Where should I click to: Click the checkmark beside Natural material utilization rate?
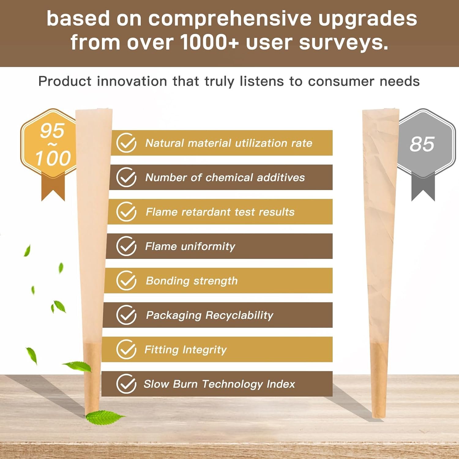pos(126,143)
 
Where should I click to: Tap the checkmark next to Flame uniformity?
pos(126,246)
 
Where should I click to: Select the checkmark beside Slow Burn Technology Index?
pos(126,384)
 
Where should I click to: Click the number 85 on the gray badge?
pos(422,144)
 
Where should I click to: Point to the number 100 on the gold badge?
pos(53,158)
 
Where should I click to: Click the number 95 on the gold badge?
pos(52,131)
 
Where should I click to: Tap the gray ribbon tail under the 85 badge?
pos(423,187)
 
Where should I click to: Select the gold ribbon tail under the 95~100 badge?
pos(53,187)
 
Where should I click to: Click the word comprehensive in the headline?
pos(230,19)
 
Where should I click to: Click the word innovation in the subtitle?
pos(132,81)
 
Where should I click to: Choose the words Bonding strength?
pos(192,281)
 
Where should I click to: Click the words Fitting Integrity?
pos(186,350)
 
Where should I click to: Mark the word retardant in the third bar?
pos(206,212)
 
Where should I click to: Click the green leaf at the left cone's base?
pos(104,417)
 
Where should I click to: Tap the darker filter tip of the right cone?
pos(379,381)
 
